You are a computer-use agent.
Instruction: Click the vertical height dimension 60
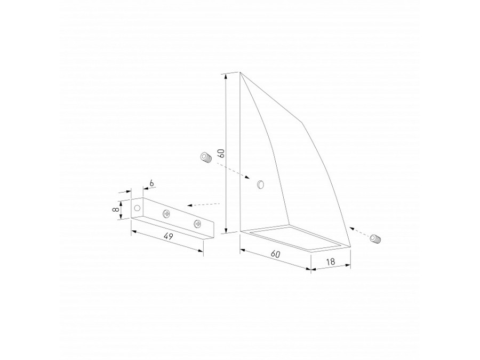tap(222, 153)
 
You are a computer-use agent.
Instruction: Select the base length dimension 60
tap(275, 254)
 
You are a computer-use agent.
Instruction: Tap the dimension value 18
tap(331, 261)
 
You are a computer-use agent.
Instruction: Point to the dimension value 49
tap(168, 236)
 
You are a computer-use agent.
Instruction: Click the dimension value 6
tap(151, 183)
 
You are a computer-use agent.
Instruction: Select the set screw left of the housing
tap(206, 158)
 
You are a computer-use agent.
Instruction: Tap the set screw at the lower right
tap(375, 239)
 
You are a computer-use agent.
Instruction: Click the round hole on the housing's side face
tap(260, 185)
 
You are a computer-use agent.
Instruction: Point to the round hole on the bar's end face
tap(137, 208)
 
